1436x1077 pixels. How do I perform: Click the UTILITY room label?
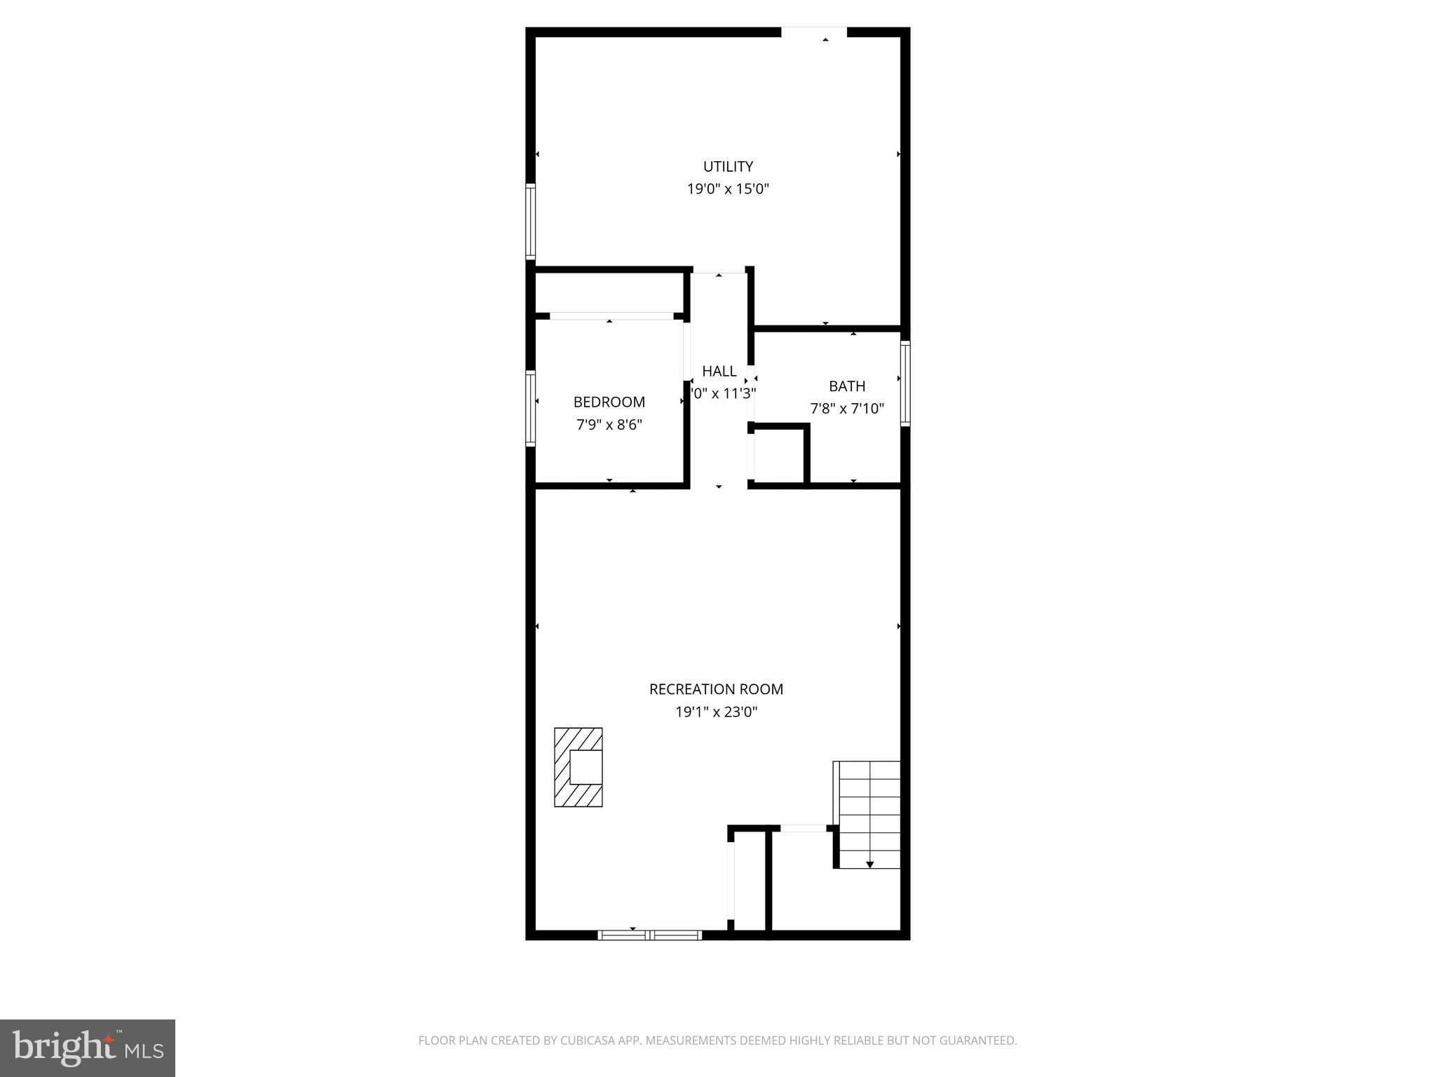(x=728, y=166)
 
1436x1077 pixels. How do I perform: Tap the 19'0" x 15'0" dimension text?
(x=728, y=189)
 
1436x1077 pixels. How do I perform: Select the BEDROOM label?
(x=609, y=402)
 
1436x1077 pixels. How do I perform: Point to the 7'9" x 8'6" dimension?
(x=609, y=424)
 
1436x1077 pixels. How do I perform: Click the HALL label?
(x=719, y=371)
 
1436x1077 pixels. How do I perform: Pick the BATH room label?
(x=847, y=386)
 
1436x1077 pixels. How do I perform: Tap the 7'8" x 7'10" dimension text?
(x=847, y=408)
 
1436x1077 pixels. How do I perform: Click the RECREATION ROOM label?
(x=716, y=689)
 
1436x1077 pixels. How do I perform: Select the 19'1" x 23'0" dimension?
(x=716, y=712)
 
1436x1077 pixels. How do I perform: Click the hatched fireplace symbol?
(x=578, y=767)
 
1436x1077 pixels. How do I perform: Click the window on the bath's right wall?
(x=905, y=384)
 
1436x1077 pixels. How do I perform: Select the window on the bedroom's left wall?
(x=531, y=408)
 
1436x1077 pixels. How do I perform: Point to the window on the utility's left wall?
(x=531, y=222)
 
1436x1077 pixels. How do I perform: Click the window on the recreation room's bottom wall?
(x=649, y=935)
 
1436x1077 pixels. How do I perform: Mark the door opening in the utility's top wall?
(x=814, y=32)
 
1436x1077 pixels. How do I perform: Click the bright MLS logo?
(x=88, y=1048)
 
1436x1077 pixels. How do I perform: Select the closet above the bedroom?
(x=609, y=292)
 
